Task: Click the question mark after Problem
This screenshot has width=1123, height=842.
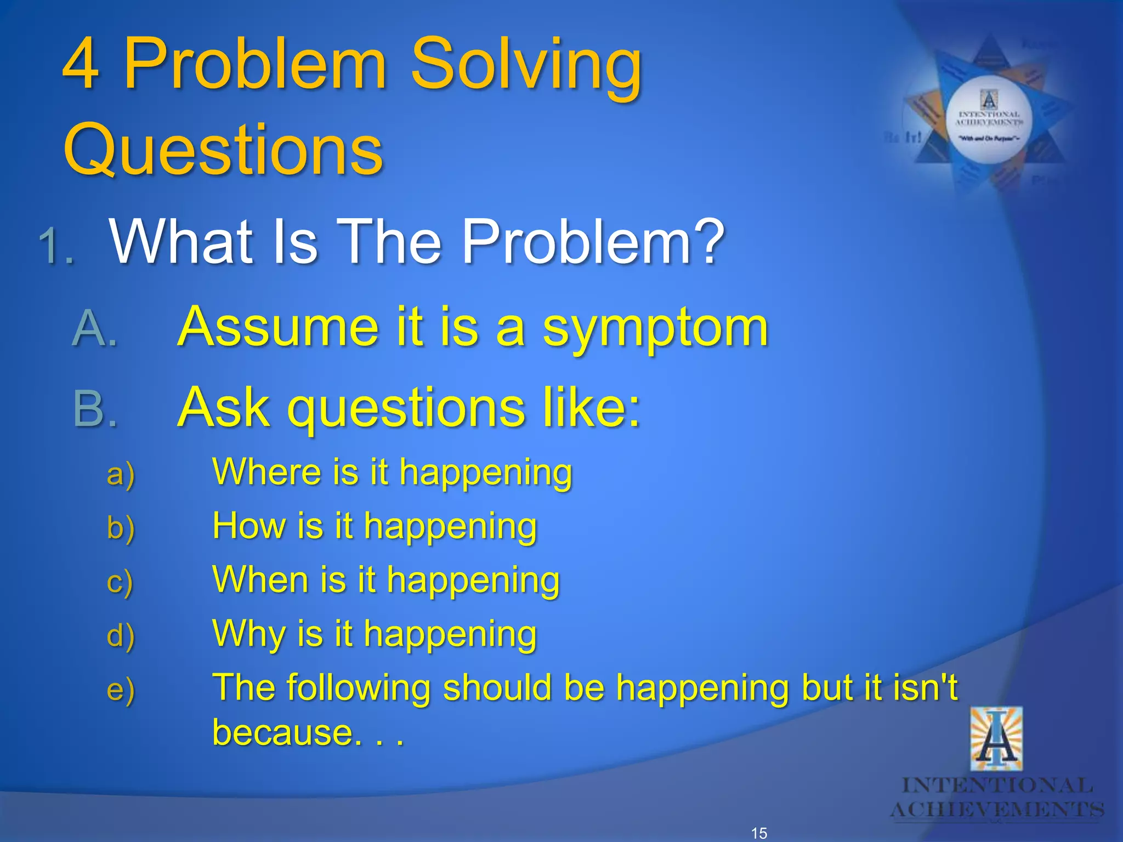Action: point(707,241)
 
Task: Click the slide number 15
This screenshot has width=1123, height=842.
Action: point(759,833)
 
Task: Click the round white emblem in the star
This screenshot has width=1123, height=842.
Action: point(989,120)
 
